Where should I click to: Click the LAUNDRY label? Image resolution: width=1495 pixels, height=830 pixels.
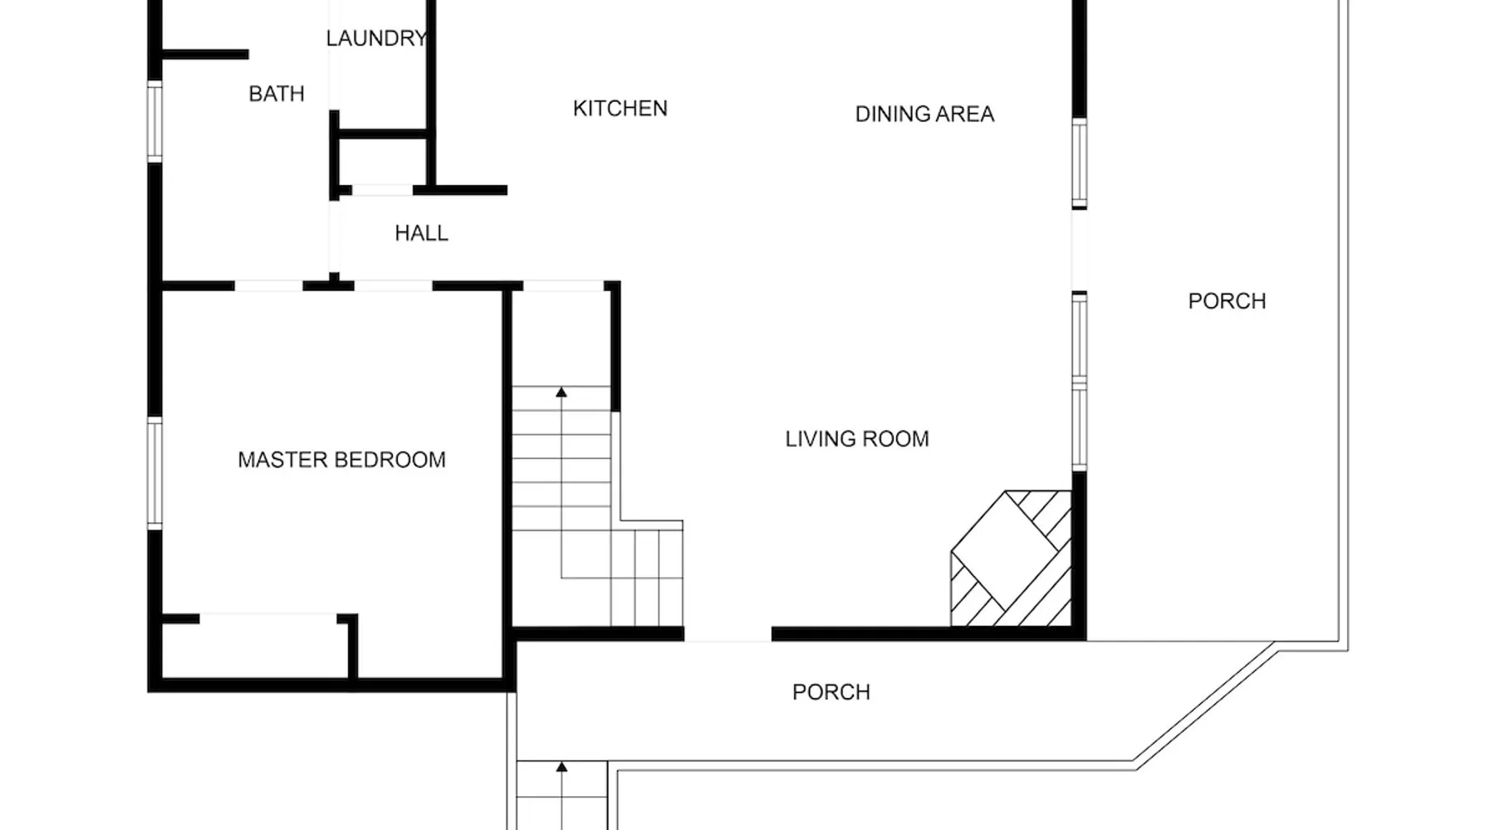pyautogui.click(x=376, y=38)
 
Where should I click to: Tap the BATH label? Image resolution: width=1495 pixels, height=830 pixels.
pyautogui.click(x=277, y=94)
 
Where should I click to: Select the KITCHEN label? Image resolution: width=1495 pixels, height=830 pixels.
pyautogui.click(x=620, y=109)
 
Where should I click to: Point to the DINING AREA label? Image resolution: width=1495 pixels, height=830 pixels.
pyautogui.click(x=924, y=114)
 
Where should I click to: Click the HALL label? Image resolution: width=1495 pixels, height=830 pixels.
pyautogui.click(x=421, y=233)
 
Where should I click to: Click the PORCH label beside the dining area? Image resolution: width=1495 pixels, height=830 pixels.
pyautogui.click(x=1227, y=301)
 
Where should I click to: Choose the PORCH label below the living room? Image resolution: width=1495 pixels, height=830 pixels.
pyautogui.click(x=831, y=692)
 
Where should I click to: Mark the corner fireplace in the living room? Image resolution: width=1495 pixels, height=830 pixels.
pyautogui.click(x=1011, y=558)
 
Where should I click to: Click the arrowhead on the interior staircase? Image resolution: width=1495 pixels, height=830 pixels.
pyautogui.click(x=561, y=392)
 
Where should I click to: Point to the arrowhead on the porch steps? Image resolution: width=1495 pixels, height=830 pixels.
pyautogui.click(x=561, y=767)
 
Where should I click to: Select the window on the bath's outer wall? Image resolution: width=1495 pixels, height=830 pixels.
pyautogui.click(x=154, y=121)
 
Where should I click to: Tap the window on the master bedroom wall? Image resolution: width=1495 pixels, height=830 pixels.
pyautogui.click(x=154, y=473)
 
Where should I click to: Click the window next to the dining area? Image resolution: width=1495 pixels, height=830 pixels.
pyautogui.click(x=1079, y=164)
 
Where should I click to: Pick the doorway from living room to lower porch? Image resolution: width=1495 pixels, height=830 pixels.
pyautogui.click(x=728, y=635)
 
